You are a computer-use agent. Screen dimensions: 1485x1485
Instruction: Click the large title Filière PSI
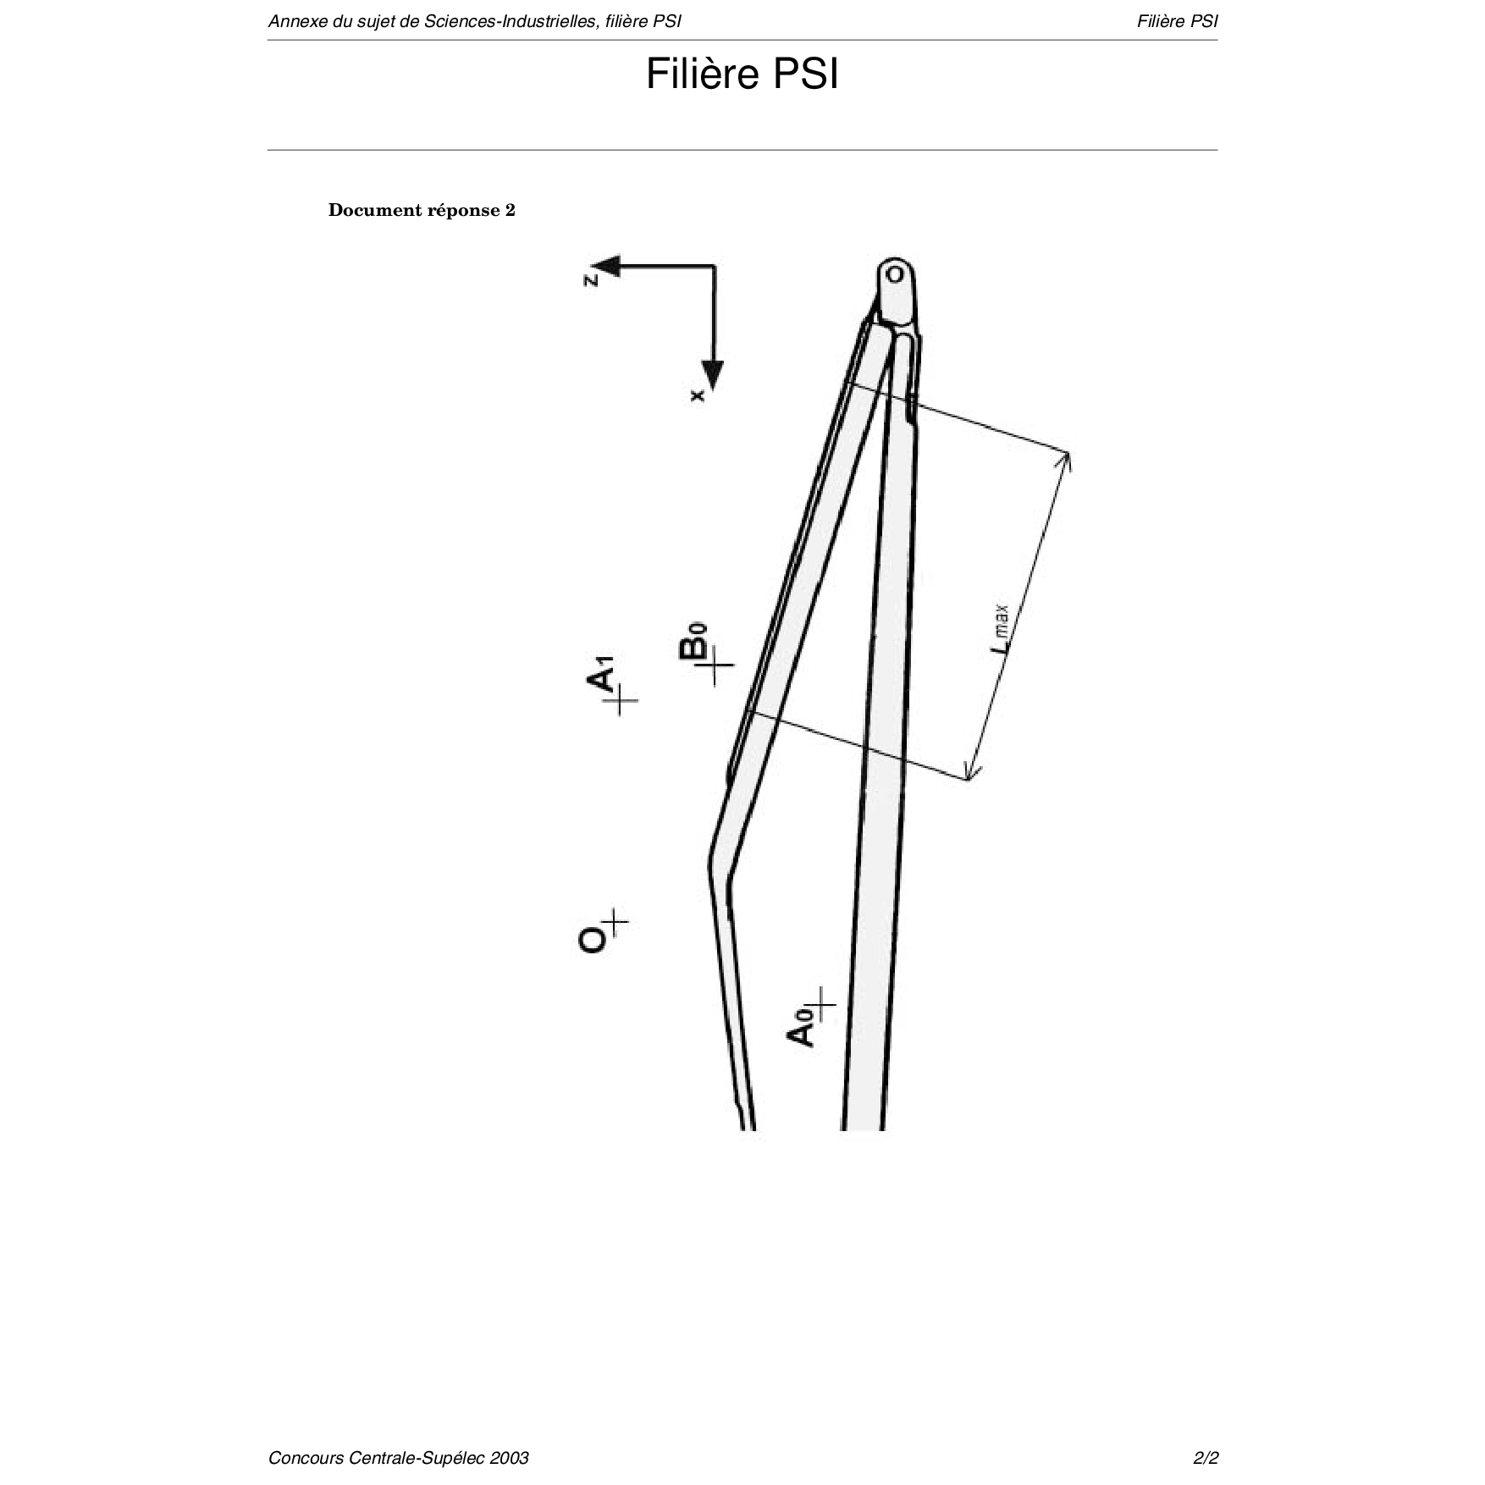742,75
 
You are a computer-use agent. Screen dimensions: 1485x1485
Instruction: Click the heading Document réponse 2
422,210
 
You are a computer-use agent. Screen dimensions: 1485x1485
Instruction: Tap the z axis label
591,279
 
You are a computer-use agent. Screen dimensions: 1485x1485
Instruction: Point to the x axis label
698,395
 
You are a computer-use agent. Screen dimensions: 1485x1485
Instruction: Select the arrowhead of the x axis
714,376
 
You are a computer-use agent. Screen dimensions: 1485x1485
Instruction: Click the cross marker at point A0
820,1005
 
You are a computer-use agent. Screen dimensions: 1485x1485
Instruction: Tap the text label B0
693,641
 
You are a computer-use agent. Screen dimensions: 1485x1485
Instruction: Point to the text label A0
801,1030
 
